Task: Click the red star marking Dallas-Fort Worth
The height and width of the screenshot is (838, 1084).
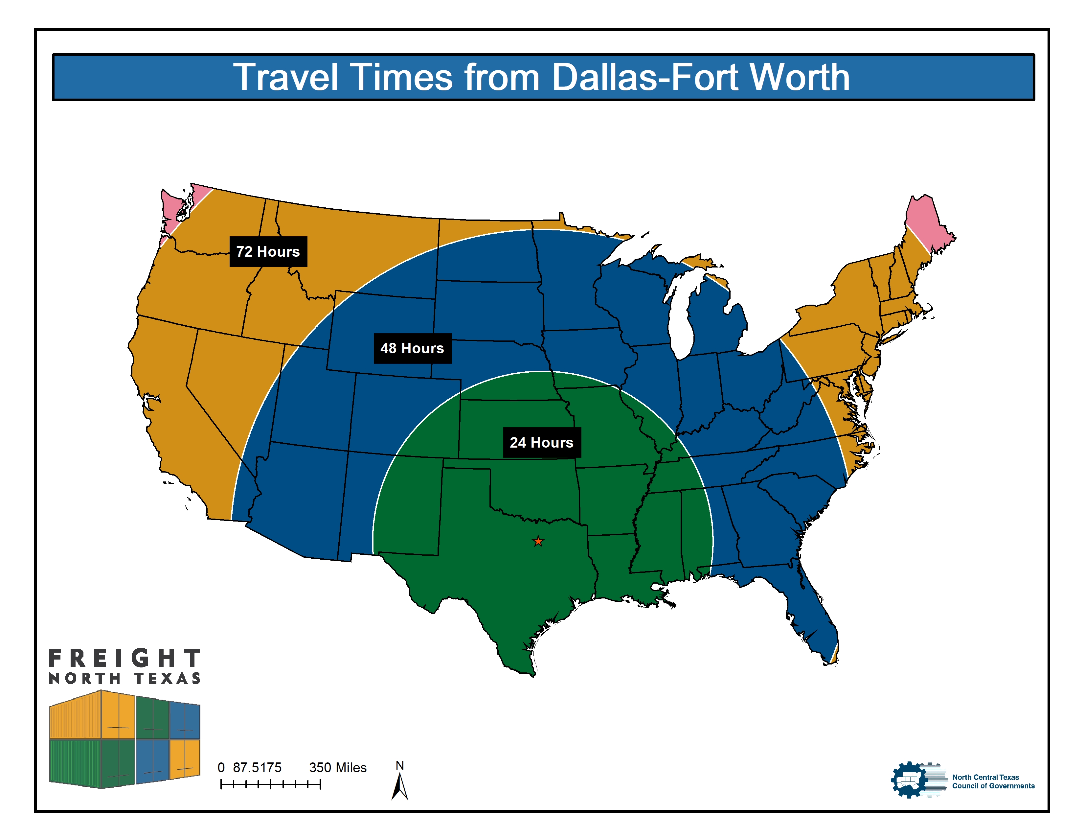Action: tap(538, 541)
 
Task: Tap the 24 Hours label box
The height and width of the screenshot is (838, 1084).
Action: tap(541, 442)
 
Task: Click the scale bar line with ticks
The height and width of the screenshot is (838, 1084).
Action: tap(270, 784)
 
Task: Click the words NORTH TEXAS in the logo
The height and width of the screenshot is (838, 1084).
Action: tap(124, 678)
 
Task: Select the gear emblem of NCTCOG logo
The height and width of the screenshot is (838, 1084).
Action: tap(909, 780)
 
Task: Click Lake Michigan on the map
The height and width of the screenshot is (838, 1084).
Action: tap(680, 318)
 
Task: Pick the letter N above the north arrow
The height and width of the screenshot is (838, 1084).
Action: tap(399, 765)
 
